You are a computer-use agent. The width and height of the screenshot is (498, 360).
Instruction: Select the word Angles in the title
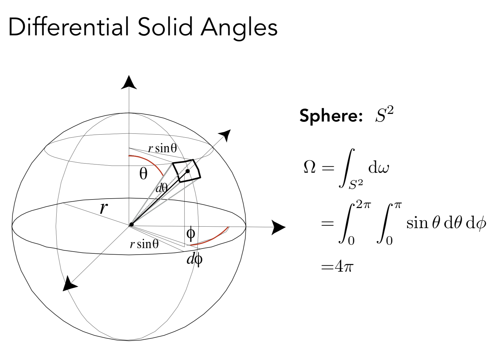(x=239, y=27)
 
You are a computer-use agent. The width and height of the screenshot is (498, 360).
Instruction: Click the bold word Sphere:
(x=331, y=116)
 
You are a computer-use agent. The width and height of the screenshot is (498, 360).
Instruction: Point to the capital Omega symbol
(x=310, y=167)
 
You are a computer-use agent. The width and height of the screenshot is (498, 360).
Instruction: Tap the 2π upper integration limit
(x=363, y=205)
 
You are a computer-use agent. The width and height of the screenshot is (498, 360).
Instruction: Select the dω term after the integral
(x=378, y=168)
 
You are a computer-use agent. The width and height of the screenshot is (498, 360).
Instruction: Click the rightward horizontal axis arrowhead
(x=278, y=227)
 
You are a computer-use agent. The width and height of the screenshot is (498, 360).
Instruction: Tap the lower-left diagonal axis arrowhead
(x=69, y=284)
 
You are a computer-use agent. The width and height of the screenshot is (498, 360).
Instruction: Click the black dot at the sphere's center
(x=131, y=224)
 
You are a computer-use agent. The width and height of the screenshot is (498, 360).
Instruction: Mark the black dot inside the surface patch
(x=188, y=171)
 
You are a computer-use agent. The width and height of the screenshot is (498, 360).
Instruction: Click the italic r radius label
(x=104, y=208)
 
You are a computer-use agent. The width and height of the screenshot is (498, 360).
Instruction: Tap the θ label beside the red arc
(x=143, y=174)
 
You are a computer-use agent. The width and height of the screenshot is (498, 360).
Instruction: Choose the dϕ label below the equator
(x=194, y=259)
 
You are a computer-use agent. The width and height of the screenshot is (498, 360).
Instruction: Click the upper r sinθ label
(x=162, y=148)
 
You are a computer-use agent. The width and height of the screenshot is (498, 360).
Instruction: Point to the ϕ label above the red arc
(x=191, y=234)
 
